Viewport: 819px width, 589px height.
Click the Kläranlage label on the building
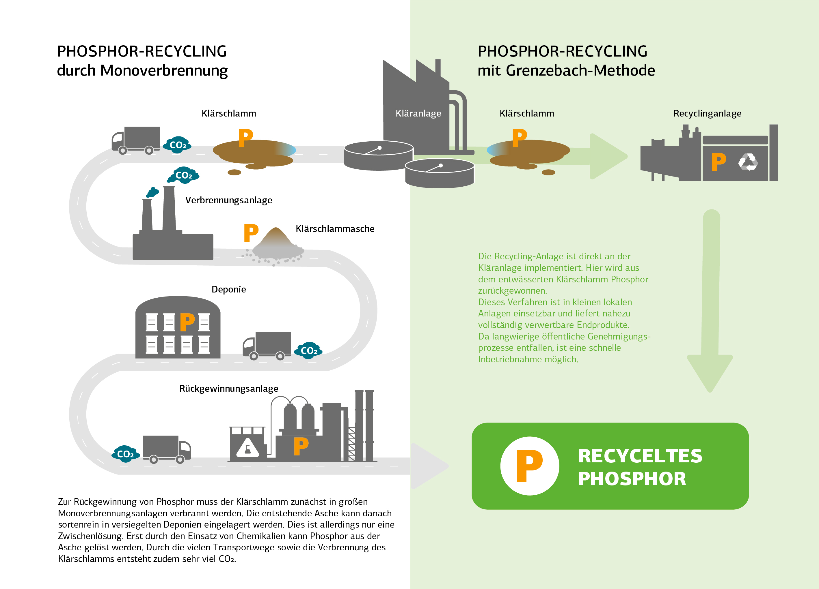click(418, 114)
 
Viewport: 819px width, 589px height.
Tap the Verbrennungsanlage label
click(229, 200)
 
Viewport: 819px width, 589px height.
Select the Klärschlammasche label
click(335, 229)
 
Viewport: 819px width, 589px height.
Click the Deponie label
click(229, 289)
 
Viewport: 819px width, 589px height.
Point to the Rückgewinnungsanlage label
click(229, 389)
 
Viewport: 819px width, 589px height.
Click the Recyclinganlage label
click(707, 114)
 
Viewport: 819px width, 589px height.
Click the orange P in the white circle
click(529, 466)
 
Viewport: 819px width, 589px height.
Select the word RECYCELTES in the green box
click(640, 456)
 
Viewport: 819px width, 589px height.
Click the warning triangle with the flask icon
click(248, 448)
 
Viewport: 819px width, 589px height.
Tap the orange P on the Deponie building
click(187, 322)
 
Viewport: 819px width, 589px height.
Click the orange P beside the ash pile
click(251, 233)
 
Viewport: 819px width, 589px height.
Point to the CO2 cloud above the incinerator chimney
click(184, 175)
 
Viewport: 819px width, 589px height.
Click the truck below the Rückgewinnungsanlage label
click(167, 449)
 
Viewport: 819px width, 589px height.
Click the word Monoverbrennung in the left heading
click(164, 71)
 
